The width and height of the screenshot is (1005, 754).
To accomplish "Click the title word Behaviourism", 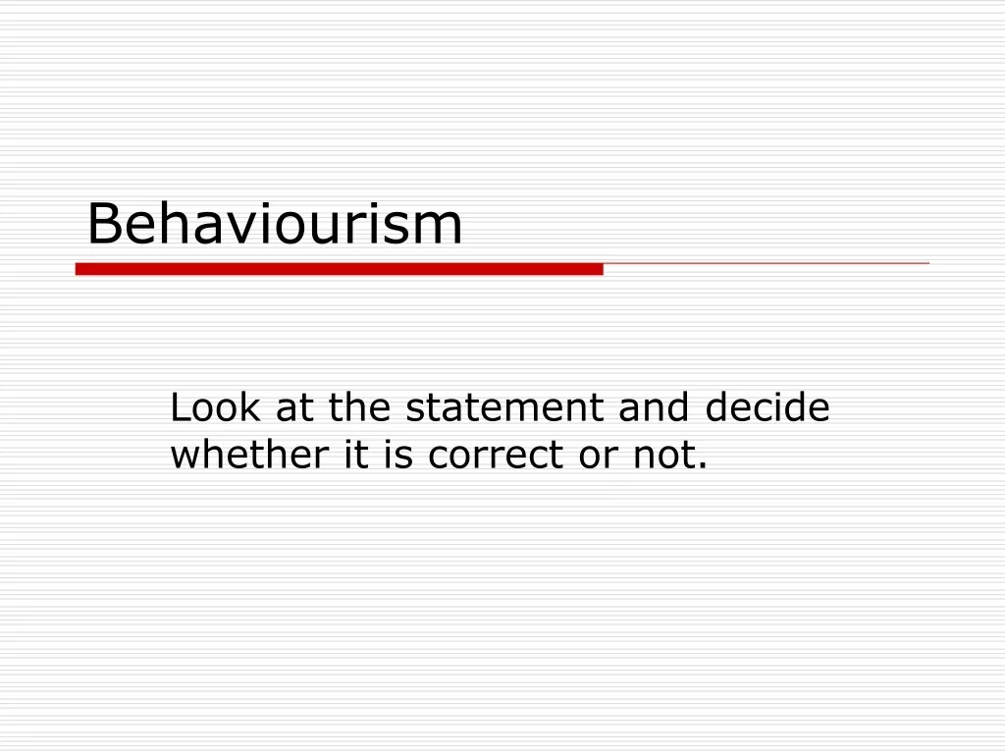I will point(274,224).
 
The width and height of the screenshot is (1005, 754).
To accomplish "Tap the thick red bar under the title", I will point(339,268).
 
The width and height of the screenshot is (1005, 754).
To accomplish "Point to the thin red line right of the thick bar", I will point(766,264).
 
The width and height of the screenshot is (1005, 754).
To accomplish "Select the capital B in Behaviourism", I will point(102,224).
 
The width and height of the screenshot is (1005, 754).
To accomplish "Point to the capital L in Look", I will point(180,407).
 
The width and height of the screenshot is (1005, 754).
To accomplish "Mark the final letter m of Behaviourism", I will point(441,229).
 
